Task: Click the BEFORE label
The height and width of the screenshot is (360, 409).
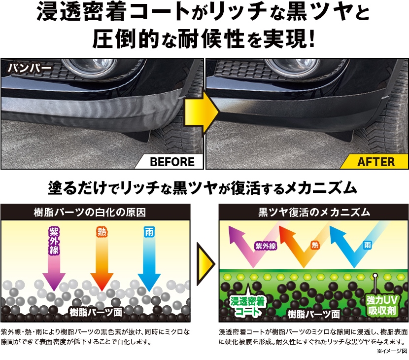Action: click(172, 162)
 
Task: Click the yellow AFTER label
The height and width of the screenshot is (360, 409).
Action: click(376, 162)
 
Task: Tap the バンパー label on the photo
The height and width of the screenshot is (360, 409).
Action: click(29, 69)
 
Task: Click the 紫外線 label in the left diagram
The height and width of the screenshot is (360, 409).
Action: click(54, 241)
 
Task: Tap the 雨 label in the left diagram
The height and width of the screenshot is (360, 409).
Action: click(149, 232)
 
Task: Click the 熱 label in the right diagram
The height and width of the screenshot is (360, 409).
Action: click(315, 245)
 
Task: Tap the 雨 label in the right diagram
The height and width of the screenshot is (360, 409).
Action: click(367, 245)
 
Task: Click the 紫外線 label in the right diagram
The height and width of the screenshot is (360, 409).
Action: click(266, 246)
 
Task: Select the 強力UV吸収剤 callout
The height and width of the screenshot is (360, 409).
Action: click(381, 305)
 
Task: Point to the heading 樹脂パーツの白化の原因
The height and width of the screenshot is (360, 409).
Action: click(90, 213)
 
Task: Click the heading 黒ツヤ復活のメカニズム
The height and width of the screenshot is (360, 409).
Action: click(314, 212)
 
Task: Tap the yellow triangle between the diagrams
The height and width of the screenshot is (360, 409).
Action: click(205, 264)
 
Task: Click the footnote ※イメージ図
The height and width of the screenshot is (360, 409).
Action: click(392, 352)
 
